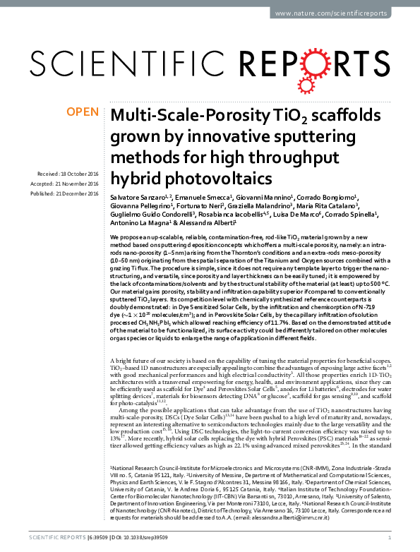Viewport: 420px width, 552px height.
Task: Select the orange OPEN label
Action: point(83,111)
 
